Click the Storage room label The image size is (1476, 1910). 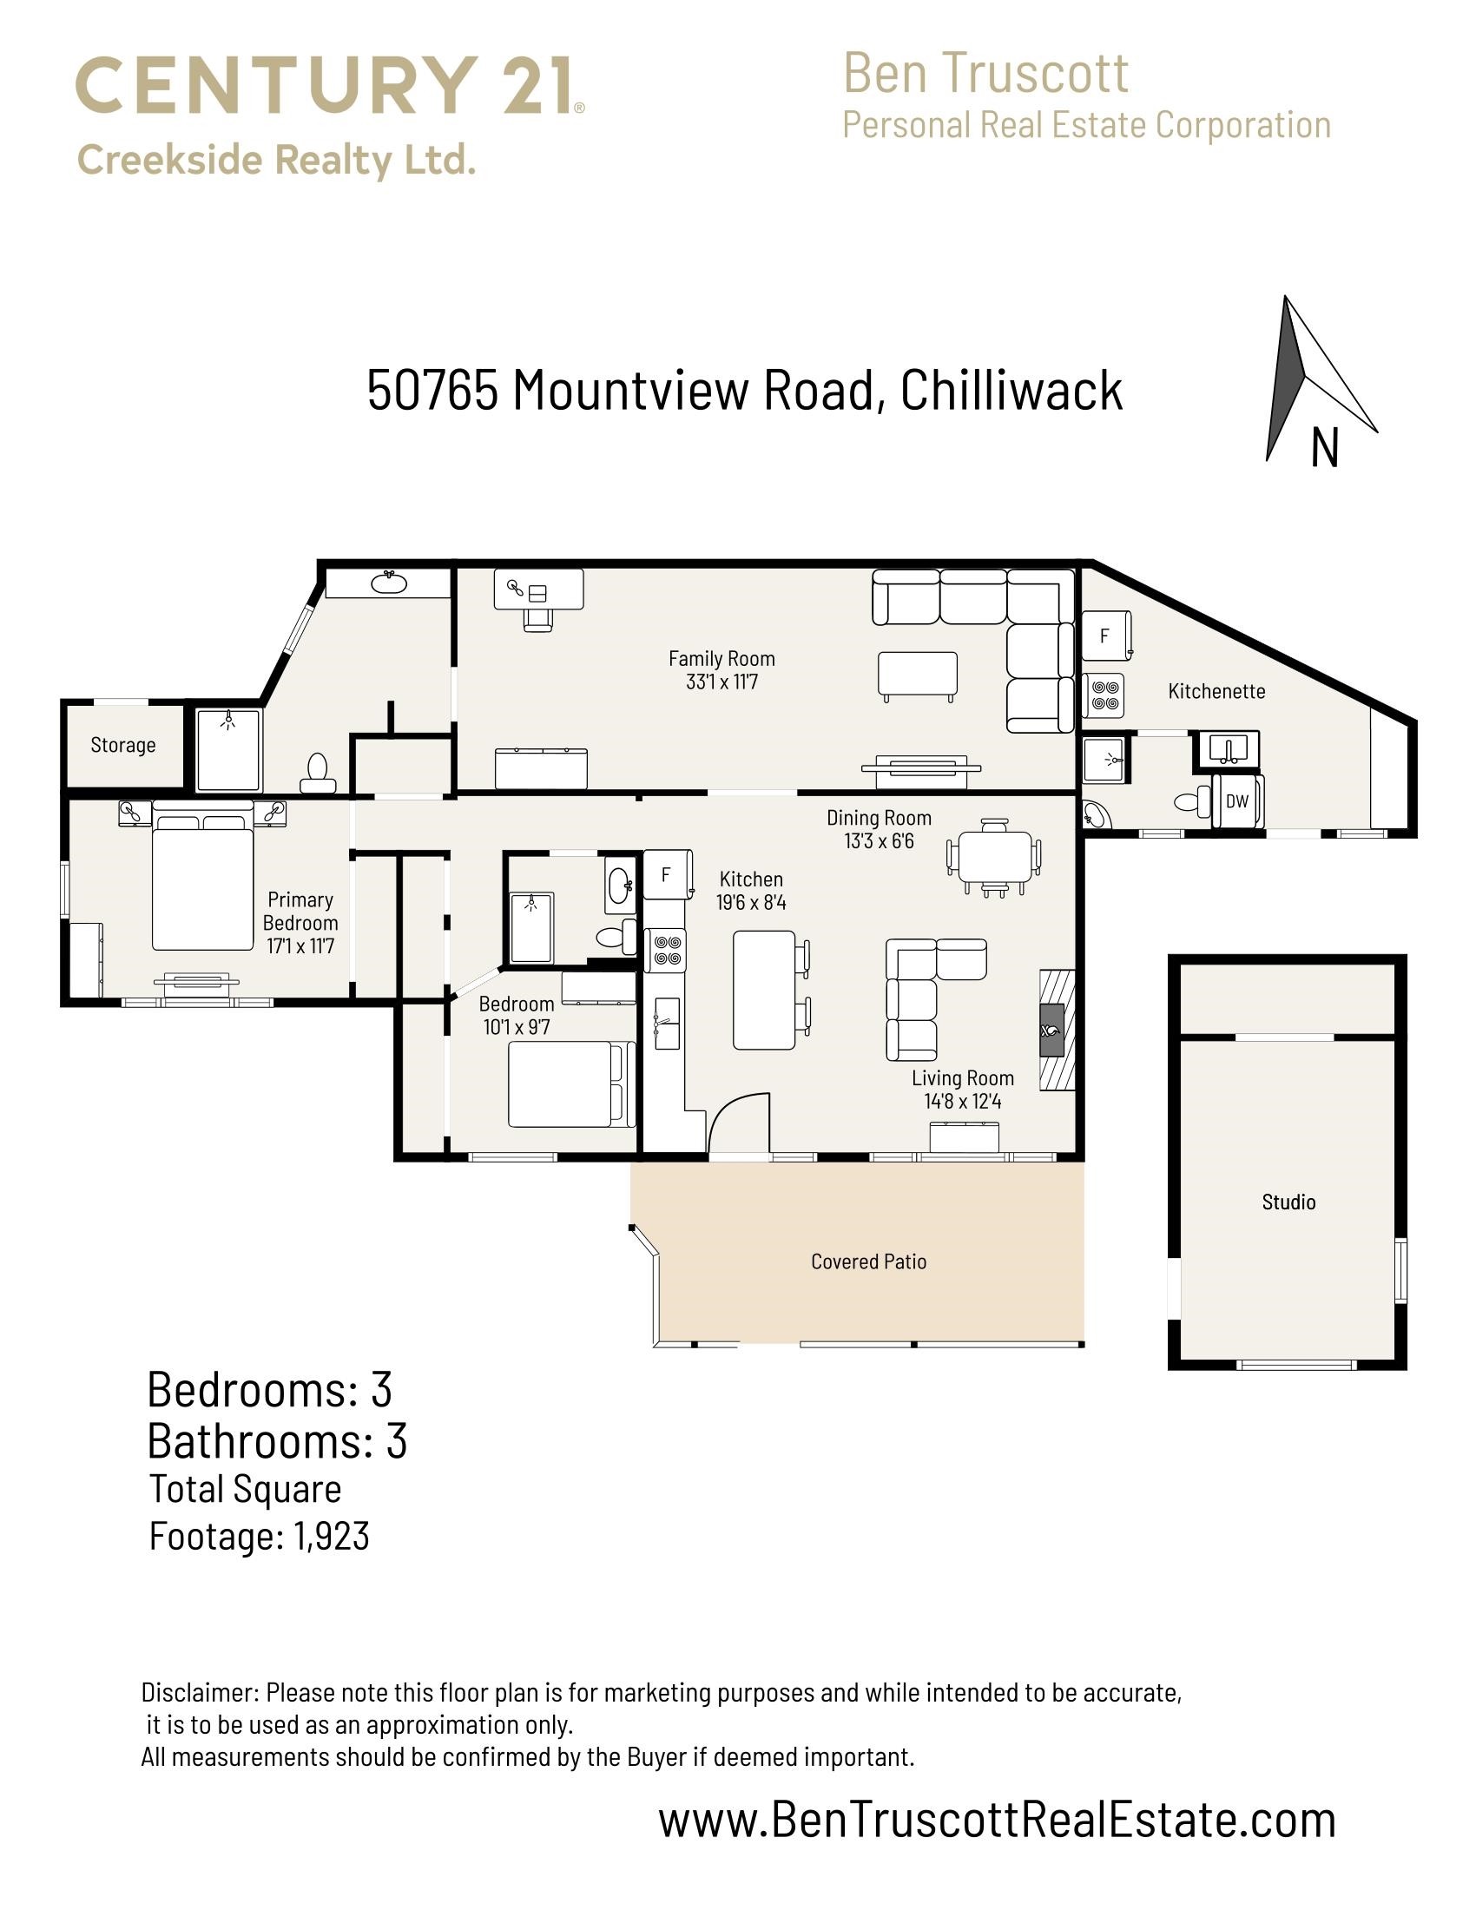click(x=123, y=745)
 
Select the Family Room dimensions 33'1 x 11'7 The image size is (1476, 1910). click(x=722, y=682)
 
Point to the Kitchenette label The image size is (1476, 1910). click(x=1216, y=691)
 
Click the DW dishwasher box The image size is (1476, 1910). click(x=1236, y=800)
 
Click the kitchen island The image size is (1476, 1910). click(x=764, y=990)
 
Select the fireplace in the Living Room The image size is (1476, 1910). click(x=1057, y=1030)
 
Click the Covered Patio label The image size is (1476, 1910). click(x=868, y=1261)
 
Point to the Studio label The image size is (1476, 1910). click(x=1288, y=1202)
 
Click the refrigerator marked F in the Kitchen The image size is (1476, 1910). click(x=668, y=874)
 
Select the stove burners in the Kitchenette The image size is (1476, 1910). click(x=1104, y=695)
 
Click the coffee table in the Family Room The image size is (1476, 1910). click(x=917, y=675)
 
